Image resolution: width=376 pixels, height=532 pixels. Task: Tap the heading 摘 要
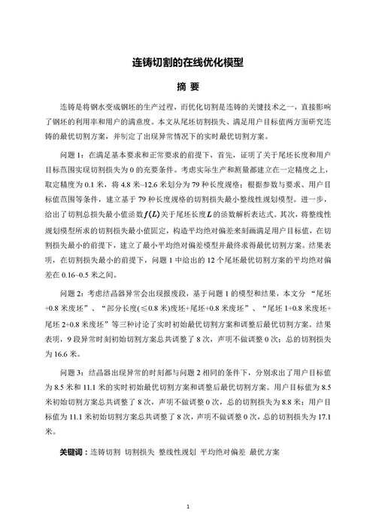click(188, 87)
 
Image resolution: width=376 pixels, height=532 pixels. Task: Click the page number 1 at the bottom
click(188, 509)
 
